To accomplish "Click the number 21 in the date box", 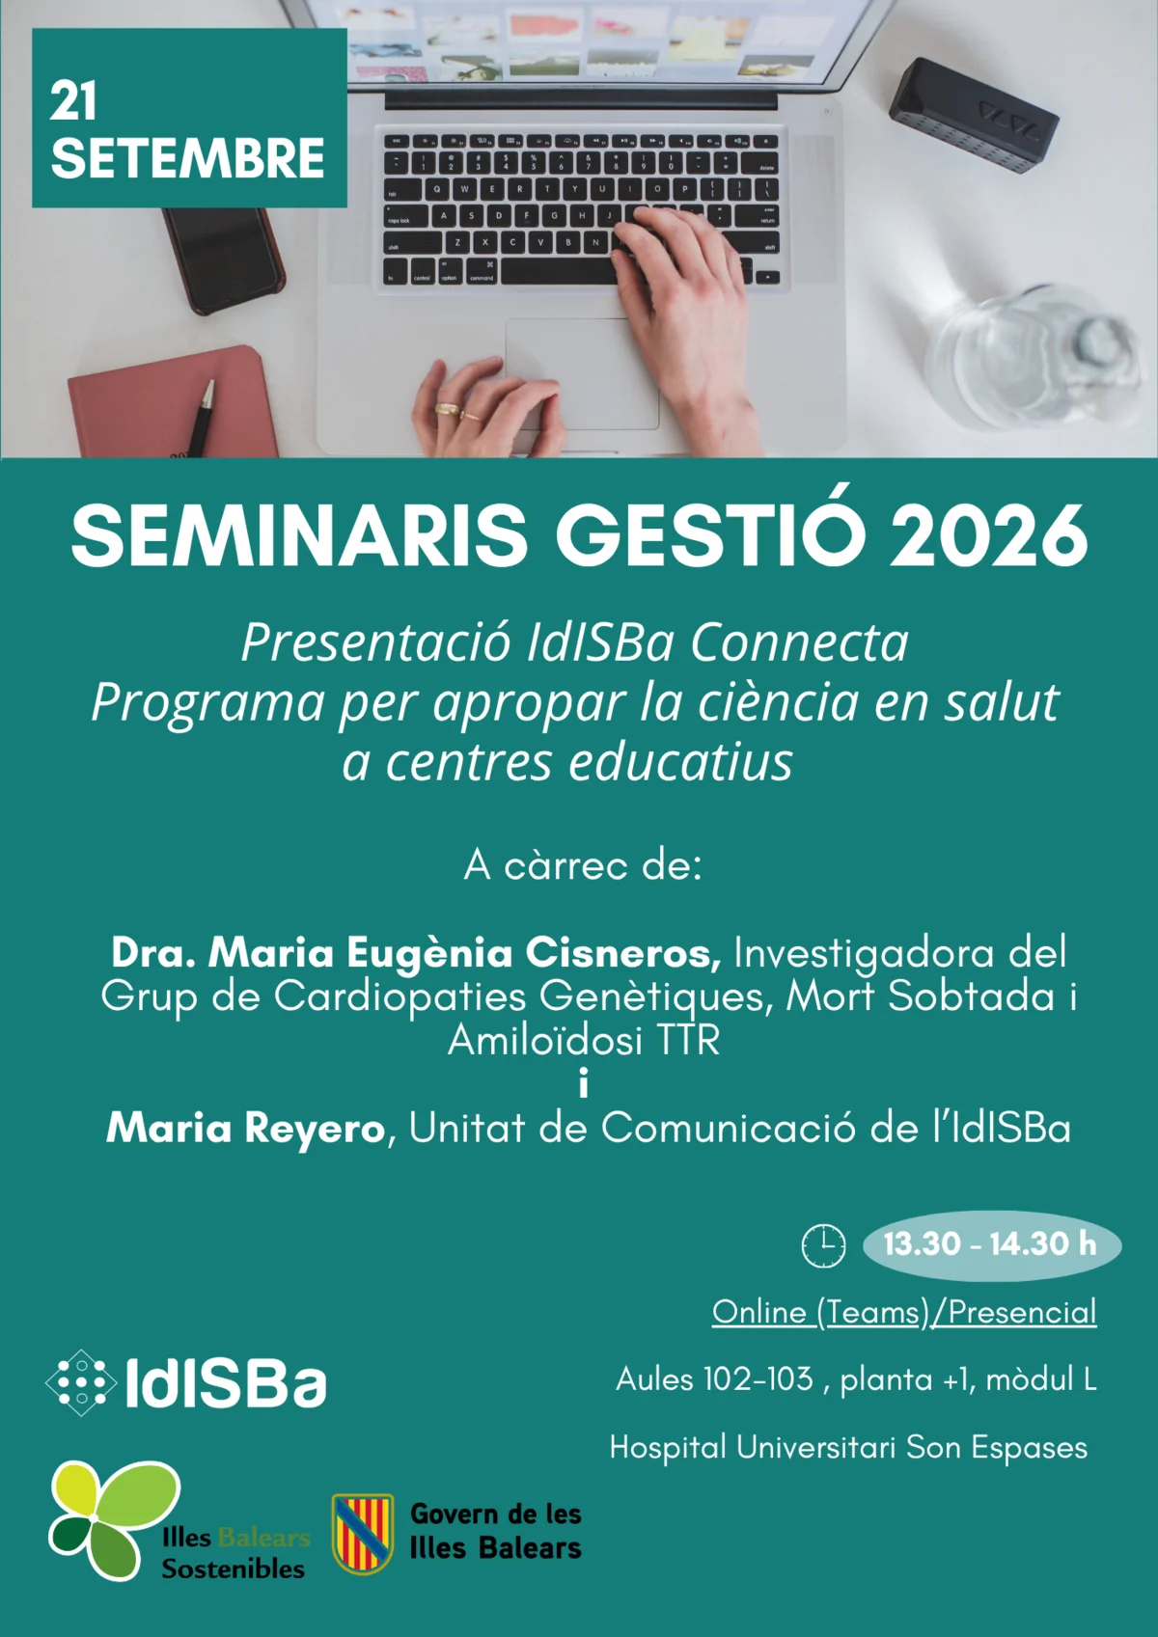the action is point(73,101).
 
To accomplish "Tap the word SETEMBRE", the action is point(187,158).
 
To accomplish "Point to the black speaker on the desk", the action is point(974,116).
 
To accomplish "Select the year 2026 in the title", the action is point(987,535).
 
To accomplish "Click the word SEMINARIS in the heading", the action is point(299,535).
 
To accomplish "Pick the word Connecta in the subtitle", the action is point(800,642).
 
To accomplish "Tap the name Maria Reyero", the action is point(246,1128).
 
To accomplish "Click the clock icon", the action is point(824,1245).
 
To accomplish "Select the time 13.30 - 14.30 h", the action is point(991,1243).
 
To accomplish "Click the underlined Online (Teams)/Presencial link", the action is point(904,1312).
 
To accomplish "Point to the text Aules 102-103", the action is point(714,1379).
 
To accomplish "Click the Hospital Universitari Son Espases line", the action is point(849,1446).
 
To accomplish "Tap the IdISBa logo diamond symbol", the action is point(81,1382).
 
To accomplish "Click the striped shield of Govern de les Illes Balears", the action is point(363,1533).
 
